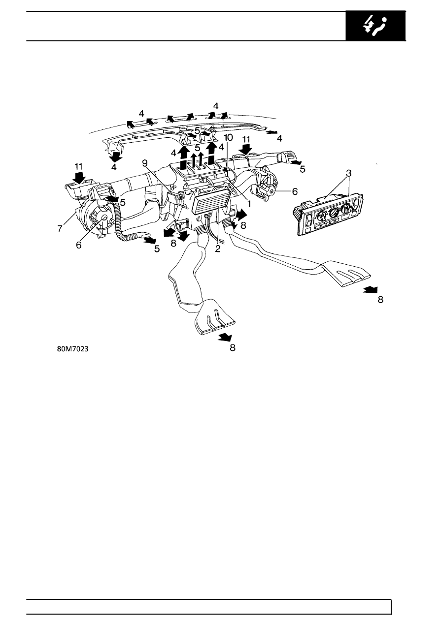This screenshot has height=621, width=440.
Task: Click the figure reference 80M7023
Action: (73, 349)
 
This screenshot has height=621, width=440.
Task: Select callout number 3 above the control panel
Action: (349, 173)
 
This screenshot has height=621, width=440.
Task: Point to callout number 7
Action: (60, 229)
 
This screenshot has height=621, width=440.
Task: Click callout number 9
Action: (145, 163)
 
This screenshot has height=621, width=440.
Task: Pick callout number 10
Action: (229, 137)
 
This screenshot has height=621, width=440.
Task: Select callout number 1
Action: (249, 204)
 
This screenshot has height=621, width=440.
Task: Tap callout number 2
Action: (217, 248)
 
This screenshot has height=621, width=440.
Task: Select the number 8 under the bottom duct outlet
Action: (233, 347)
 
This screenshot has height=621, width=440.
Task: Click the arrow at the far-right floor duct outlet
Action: (371, 290)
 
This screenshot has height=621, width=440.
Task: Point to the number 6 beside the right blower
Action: (295, 191)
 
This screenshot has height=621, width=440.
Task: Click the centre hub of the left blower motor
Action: (104, 218)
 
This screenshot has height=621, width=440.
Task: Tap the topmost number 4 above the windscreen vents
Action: (216, 106)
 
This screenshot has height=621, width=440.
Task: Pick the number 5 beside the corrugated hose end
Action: (157, 249)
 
